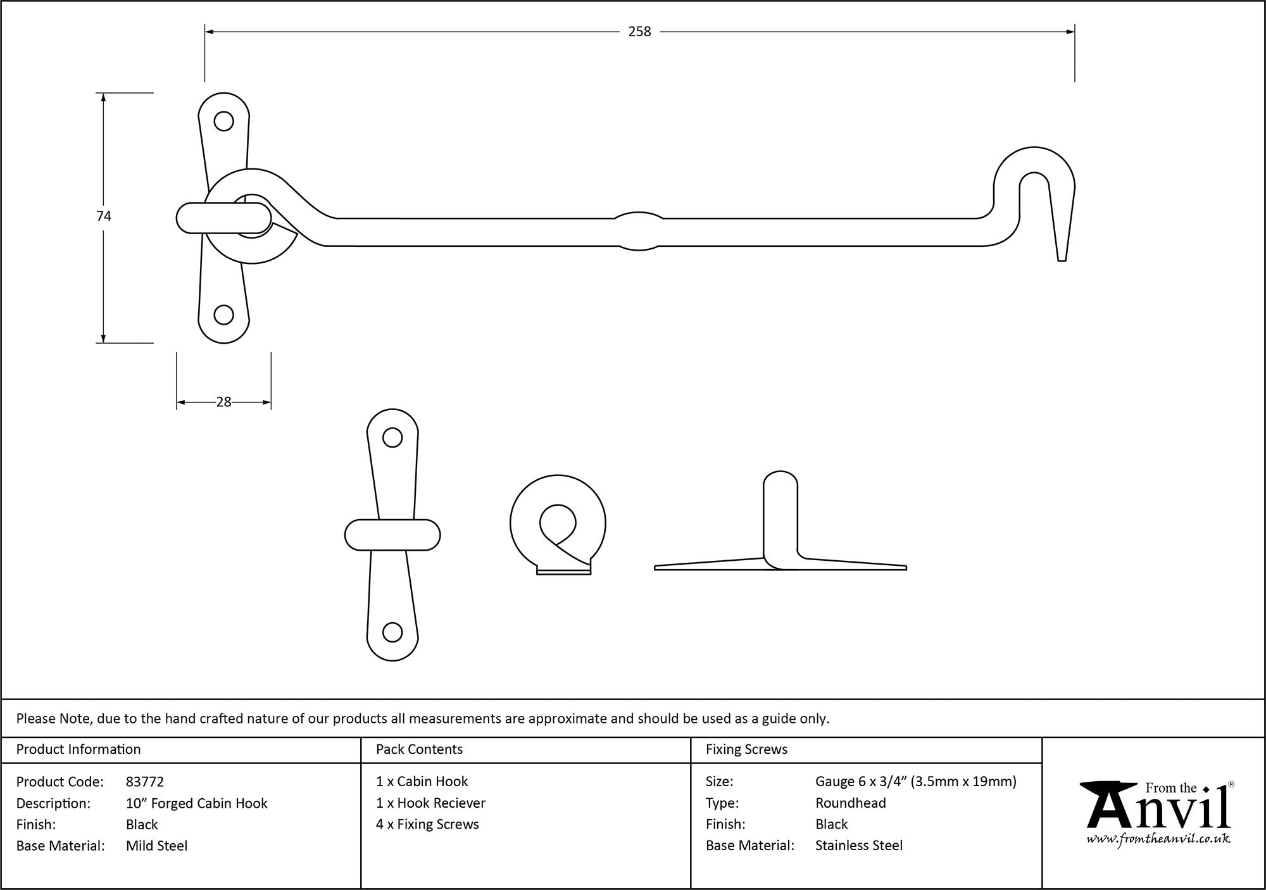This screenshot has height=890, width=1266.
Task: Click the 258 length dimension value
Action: pos(639,32)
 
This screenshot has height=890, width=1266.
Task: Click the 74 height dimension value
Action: pos(104,216)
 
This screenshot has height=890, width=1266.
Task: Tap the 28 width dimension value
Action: pos(223,402)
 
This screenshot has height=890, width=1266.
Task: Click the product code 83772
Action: pos(145,782)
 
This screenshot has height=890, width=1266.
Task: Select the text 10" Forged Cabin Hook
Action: pos(196,803)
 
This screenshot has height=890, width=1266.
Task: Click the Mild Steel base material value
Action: pos(156,846)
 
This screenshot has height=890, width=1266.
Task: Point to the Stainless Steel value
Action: pos(858,845)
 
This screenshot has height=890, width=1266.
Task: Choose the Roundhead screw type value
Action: pos(850,803)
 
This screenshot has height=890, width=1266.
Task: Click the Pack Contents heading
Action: pos(419,749)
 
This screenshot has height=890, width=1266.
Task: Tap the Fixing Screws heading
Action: pos(746,749)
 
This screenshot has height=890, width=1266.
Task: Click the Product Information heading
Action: pos(78,749)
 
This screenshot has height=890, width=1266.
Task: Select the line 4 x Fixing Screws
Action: pos(427,824)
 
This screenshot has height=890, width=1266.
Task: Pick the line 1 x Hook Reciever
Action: pos(430,803)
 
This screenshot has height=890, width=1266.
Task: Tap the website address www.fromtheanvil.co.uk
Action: pos(1158,839)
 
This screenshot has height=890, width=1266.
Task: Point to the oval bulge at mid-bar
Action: pos(639,231)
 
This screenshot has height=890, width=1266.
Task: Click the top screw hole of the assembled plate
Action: pos(223,121)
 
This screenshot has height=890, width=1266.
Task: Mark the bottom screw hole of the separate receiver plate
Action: pos(392,632)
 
